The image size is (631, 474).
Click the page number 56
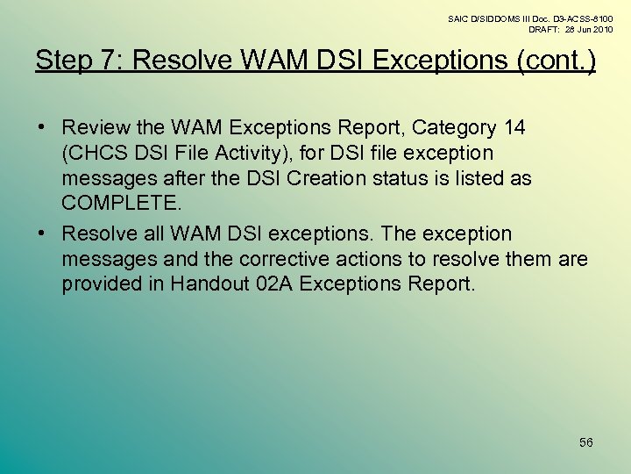click(x=586, y=442)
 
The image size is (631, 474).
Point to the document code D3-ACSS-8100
click(x=582, y=18)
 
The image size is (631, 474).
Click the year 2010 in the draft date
click(x=601, y=29)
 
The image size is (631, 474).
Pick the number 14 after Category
click(x=514, y=128)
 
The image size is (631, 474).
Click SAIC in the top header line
click(x=458, y=18)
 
